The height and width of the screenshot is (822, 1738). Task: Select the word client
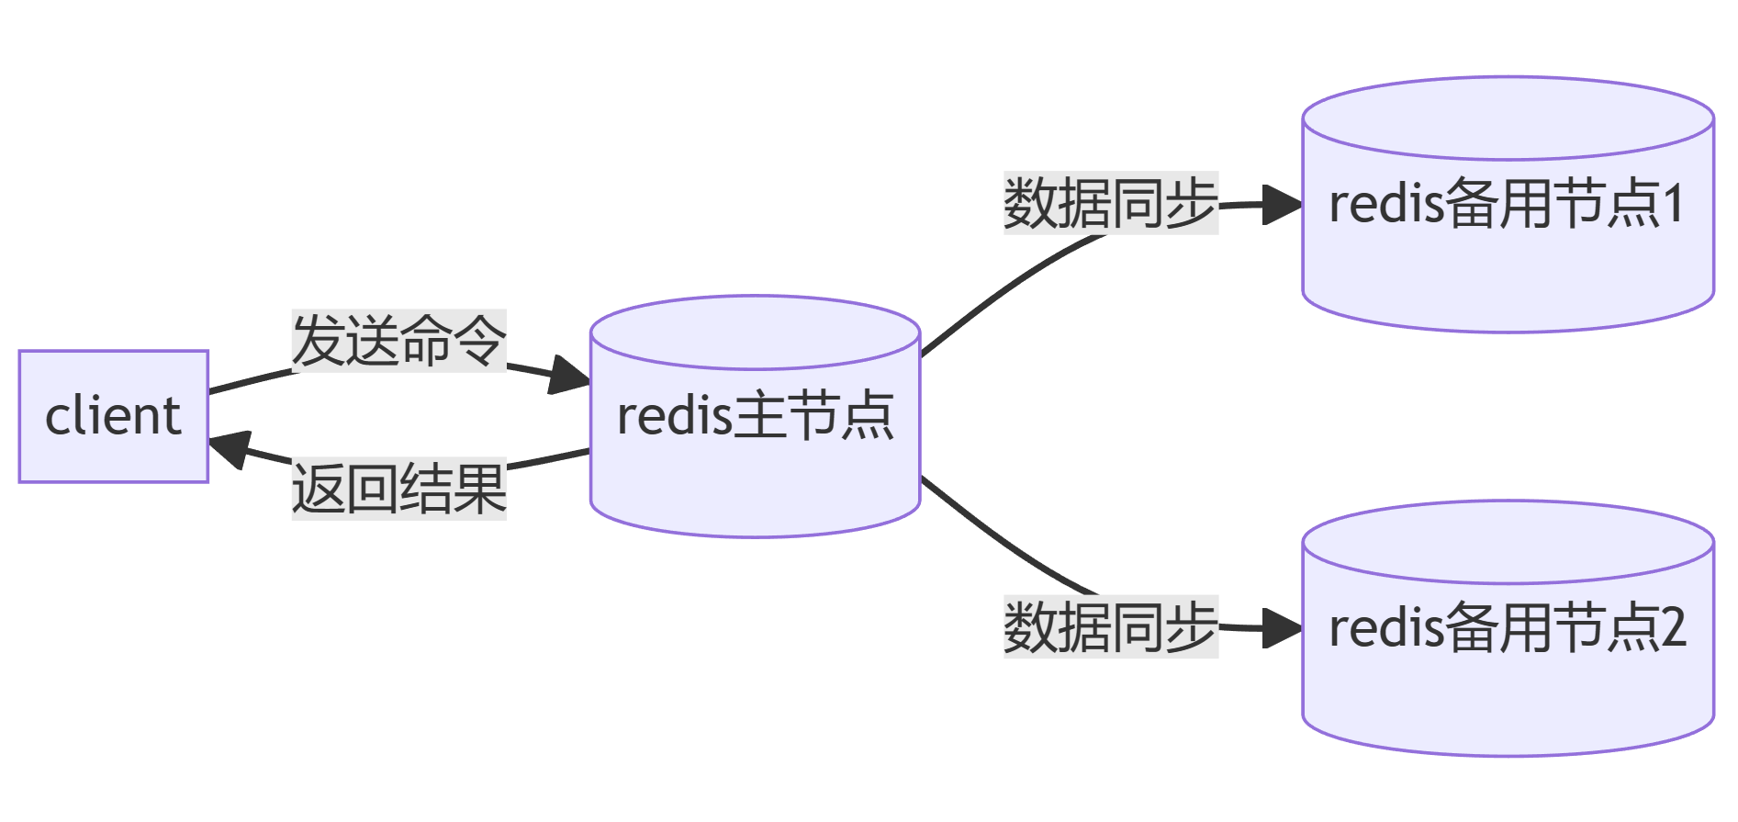(113, 416)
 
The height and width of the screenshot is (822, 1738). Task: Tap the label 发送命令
(398, 341)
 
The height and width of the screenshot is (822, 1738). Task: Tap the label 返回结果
(398, 489)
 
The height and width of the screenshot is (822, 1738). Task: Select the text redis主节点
(755, 416)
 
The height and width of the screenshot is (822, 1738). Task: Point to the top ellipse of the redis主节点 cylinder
(755, 332)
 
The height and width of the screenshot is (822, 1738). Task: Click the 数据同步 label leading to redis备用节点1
(1110, 203)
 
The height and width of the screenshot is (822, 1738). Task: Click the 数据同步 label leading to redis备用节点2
(1110, 627)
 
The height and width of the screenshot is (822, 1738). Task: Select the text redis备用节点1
(1507, 204)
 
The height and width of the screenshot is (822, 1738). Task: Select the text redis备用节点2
(1507, 628)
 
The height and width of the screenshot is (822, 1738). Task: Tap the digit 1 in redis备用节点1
(1674, 204)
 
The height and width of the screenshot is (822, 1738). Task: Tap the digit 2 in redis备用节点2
(1674, 628)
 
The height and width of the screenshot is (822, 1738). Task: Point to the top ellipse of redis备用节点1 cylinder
(1508, 118)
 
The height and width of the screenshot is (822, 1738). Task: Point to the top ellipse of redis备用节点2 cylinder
(1508, 543)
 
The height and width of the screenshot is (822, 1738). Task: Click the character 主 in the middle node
(758, 416)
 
